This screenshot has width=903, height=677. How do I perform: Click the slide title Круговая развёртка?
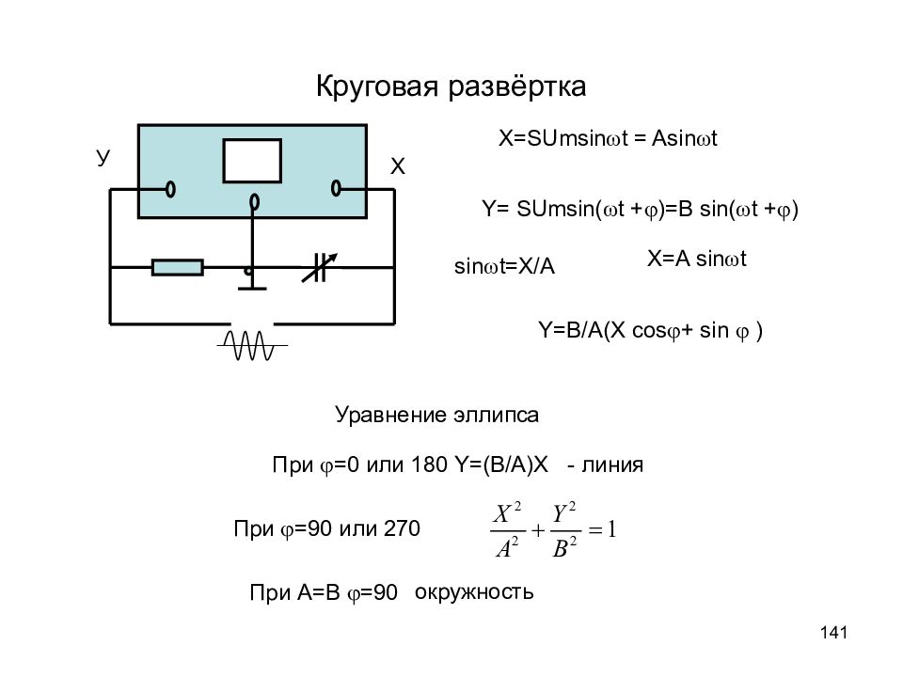[x=451, y=87]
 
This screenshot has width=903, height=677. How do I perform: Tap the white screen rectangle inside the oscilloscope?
[x=252, y=161]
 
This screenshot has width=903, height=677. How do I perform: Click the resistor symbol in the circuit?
[x=178, y=268]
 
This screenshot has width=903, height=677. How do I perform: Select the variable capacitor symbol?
[x=320, y=268]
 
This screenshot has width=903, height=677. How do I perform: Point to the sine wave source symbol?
[x=252, y=345]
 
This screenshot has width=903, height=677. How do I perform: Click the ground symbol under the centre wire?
[x=252, y=288]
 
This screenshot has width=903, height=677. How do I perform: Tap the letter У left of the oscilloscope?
[x=103, y=157]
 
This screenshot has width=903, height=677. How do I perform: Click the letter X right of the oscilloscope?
[x=397, y=166]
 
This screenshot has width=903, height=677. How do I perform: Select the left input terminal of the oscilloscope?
[x=170, y=189]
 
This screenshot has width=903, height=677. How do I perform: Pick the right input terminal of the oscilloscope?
[x=337, y=188]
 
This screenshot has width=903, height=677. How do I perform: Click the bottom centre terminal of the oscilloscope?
[x=254, y=202]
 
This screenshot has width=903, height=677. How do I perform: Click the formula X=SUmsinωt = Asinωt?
[x=608, y=139]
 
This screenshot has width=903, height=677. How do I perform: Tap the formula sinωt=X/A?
[x=504, y=266]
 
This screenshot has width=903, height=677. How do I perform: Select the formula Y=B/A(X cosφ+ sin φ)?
[x=650, y=331]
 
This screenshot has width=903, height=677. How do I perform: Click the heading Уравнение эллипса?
[x=436, y=415]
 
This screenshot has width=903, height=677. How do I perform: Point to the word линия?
[x=612, y=464]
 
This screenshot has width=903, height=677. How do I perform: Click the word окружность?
[x=474, y=592]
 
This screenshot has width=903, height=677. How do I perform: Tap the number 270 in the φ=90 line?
[x=402, y=528]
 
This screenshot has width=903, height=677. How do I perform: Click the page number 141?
[x=834, y=633]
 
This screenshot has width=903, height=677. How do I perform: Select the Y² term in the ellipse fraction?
[x=564, y=512]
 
